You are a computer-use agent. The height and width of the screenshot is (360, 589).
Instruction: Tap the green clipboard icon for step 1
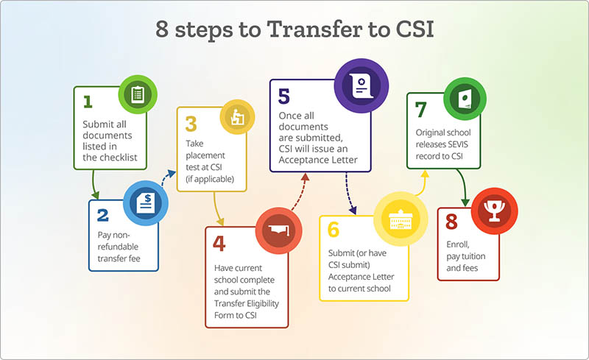[x=138, y=94]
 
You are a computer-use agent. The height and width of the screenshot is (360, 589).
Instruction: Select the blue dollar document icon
[x=146, y=203]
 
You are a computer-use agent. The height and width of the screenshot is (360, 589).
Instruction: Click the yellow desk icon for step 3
[x=237, y=117]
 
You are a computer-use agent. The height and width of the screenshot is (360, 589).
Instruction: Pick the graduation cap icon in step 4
[x=279, y=230]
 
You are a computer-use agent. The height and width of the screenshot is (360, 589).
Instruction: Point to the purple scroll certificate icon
[x=361, y=85]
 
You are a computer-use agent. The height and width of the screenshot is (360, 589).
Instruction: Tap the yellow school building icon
[x=401, y=219]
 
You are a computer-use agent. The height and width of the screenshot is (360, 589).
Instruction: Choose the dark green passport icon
[x=465, y=99]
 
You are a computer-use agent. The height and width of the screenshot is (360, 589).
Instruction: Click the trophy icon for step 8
[x=494, y=211]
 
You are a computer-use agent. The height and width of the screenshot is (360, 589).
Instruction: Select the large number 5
[x=284, y=96]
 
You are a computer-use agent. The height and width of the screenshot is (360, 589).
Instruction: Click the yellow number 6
[x=334, y=229]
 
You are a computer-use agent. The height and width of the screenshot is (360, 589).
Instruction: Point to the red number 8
[x=451, y=222]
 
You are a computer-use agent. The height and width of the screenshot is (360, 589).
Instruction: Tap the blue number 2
[x=102, y=215]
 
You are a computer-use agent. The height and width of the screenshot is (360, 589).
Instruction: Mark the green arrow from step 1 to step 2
[x=94, y=184]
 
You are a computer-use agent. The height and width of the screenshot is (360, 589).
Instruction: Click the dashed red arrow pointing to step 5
[x=300, y=191]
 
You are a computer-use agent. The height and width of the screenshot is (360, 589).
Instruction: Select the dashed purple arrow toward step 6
[x=349, y=194]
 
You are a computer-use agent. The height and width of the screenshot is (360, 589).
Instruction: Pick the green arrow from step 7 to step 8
[x=462, y=187]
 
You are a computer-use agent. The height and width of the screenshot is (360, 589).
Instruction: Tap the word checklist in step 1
[x=118, y=158]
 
